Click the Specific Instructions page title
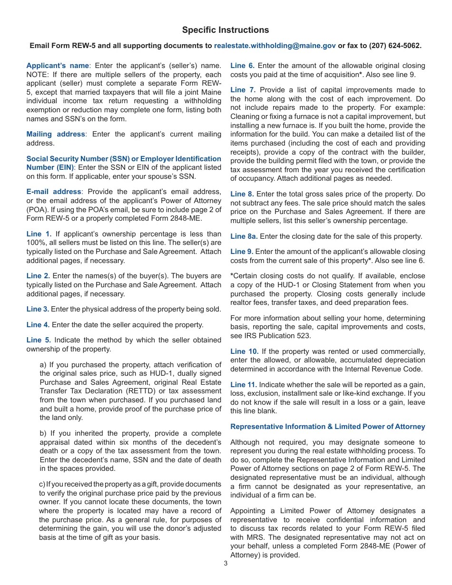(x=226, y=30)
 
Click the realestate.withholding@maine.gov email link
(x=275, y=46)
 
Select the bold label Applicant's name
(x=58, y=66)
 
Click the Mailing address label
(x=56, y=134)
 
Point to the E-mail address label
(x=54, y=191)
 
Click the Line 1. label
(x=39, y=234)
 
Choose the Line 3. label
(x=38, y=309)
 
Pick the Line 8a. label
(x=244, y=236)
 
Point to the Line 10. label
(x=245, y=351)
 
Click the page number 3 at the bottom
(x=226, y=564)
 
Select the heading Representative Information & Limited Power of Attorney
(x=328, y=427)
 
